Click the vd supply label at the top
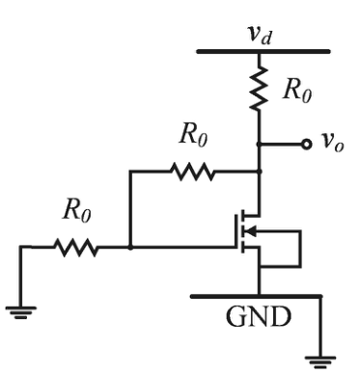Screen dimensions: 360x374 [260, 35]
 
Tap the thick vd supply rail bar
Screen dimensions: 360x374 [263, 51]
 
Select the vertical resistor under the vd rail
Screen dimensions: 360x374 [260, 89]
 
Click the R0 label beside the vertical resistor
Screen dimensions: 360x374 [297, 92]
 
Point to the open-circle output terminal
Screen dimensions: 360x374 [307, 145]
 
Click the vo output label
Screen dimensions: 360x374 [333, 142]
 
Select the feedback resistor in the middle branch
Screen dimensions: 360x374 [193, 172]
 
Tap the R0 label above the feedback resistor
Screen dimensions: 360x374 [194, 135]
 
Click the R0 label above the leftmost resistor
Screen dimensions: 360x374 [77, 211]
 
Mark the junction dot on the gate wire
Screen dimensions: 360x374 [130, 247]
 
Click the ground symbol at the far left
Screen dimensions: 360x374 [21, 312]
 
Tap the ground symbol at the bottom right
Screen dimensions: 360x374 [320, 361]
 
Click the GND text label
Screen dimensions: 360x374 [259, 316]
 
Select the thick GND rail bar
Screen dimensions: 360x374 [257, 296]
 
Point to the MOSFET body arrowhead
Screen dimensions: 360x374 [251, 230]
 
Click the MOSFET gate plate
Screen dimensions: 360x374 [237, 231]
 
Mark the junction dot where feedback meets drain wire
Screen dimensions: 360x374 [260, 172]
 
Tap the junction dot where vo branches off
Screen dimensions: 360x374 [259, 145]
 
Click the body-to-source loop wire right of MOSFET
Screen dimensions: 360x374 [300, 249]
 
